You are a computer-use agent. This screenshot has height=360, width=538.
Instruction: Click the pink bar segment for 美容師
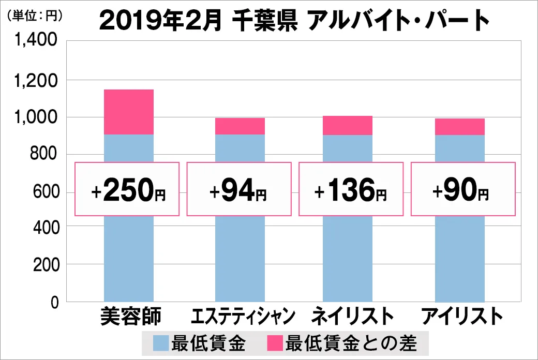(129, 112)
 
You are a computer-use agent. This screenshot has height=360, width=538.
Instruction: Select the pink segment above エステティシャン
(240, 126)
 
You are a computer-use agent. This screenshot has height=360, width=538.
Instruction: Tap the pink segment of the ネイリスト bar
(347, 125)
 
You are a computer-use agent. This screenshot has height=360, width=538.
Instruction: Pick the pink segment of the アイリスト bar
(459, 127)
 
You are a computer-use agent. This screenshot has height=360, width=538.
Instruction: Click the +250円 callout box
(127, 189)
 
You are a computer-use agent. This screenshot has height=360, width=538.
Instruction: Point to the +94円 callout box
(238, 189)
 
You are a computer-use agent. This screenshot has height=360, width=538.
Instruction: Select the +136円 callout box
(350, 189)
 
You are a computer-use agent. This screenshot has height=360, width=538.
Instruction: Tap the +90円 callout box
(463, 189)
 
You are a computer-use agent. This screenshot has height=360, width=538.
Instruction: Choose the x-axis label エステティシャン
(243, 316)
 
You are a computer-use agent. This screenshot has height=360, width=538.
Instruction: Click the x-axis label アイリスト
(462, 316)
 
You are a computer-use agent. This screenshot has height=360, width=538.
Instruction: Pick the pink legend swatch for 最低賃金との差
(275, 342)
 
